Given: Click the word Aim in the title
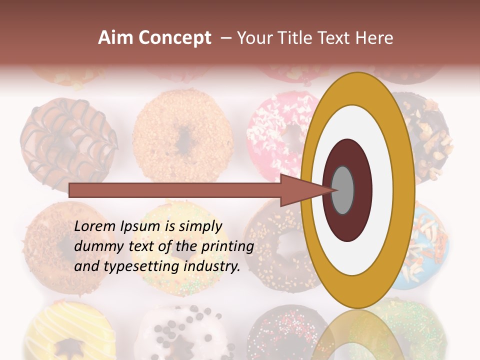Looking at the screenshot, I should (115, 38).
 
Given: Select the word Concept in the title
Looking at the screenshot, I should (174, 38).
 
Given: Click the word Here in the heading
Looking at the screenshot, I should (374, 38).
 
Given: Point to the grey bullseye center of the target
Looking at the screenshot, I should (343, 189).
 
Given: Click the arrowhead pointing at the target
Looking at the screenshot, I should (305, 190).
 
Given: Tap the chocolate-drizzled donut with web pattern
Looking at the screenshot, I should (67, 142).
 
